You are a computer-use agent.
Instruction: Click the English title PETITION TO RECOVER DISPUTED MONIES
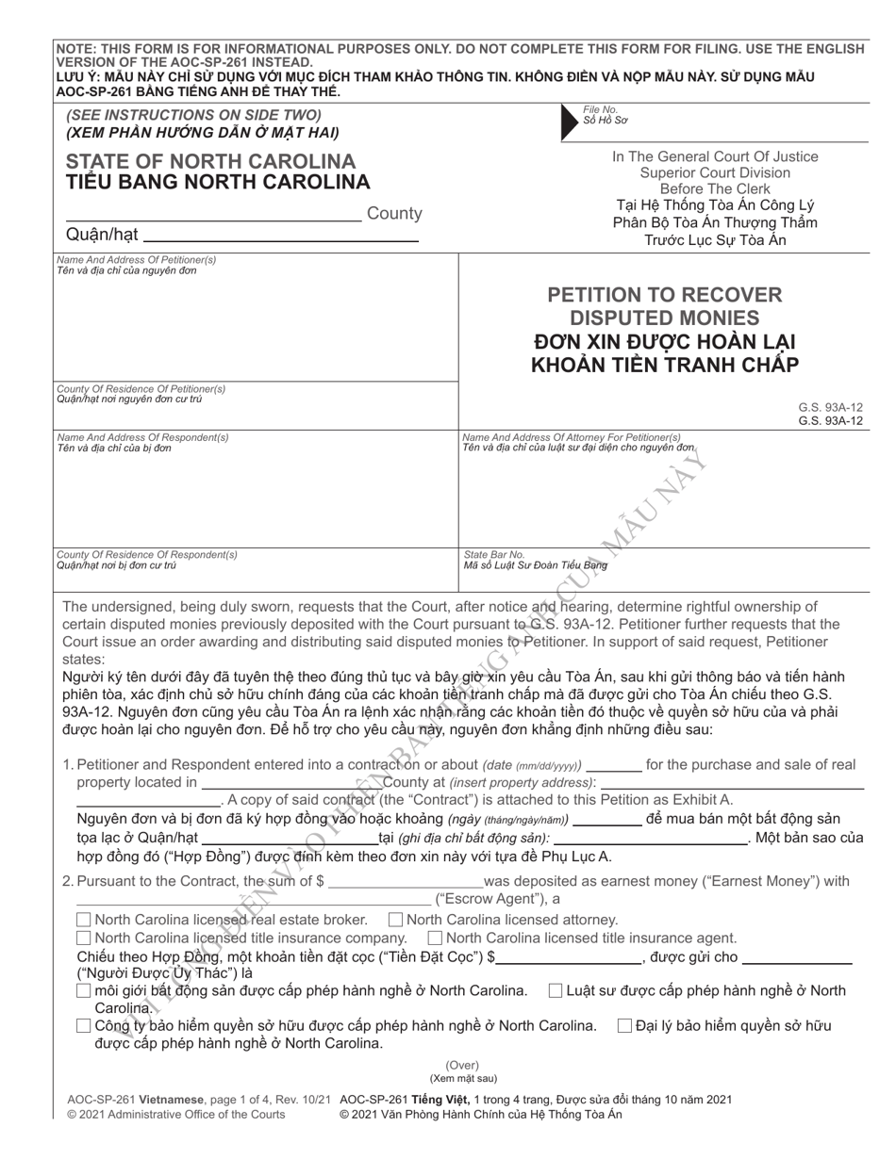(x=665, y=306)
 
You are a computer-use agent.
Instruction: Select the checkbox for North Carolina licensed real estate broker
(x=83, y=920)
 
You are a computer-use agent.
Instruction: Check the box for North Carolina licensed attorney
(x=396, y=920)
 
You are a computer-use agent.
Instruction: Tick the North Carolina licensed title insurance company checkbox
(x=83, y=938)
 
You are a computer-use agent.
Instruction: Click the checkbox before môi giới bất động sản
(x=83, y=991)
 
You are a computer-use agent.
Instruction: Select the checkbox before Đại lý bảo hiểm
(x=623, y=1026)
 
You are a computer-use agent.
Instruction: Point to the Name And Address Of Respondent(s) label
(x=142, y=437)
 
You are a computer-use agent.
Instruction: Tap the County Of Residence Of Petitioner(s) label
(x=141, y=388)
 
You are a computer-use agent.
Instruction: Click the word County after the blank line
(x=393, y=214)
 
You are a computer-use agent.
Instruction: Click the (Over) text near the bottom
(x=463, y=1065)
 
